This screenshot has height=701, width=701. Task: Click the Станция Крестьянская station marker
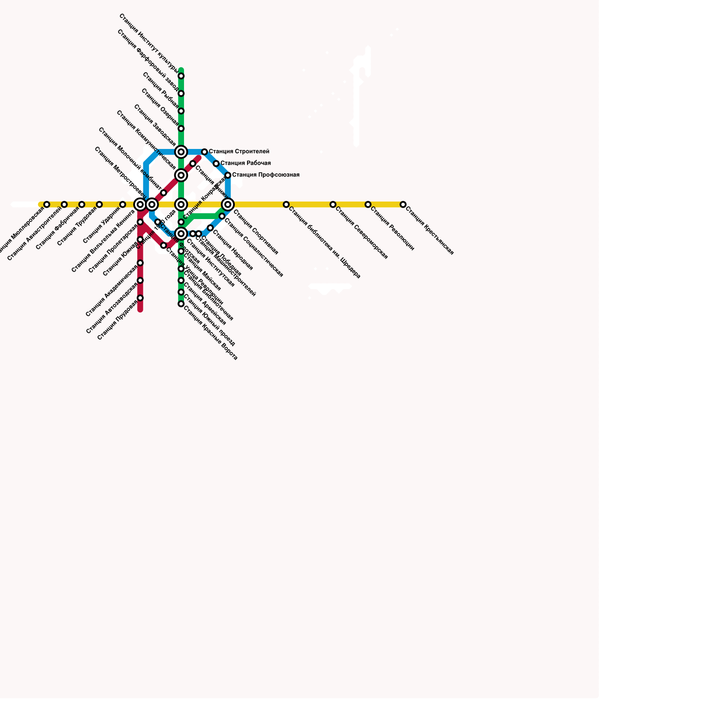tap(403, 205)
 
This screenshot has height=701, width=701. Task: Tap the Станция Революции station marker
tap(368, 205)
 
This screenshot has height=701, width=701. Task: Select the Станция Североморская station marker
tap(333, 205)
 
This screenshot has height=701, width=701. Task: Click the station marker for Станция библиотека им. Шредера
tap(286, 205)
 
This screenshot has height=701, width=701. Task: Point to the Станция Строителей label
tap(239, 152)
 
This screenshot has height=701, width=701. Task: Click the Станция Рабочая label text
tap(245, 163)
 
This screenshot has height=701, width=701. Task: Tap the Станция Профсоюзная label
tap(266, 175)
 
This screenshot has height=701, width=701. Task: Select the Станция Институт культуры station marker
tap(181, 76)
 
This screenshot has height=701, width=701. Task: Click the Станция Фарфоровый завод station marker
tap(181, 94)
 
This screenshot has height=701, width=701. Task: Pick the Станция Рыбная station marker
tap(181, 111)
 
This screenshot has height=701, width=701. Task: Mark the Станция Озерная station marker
tap(181, 129)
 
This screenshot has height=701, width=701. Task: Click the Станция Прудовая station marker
tap(140, 298)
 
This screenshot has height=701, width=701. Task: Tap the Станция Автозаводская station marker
tap(140, 280)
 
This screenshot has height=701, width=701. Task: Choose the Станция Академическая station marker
tap(140, 263)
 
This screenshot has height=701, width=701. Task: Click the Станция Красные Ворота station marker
tap(181, 304)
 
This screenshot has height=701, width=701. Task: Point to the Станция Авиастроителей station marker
tap(64, 205)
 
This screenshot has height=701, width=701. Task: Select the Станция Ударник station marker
tap(123, 205)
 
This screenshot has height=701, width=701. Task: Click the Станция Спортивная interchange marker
tap(228, 204)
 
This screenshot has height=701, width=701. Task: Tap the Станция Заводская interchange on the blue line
tap(181, 152)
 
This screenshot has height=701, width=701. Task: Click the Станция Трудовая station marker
tap(99, 205)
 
